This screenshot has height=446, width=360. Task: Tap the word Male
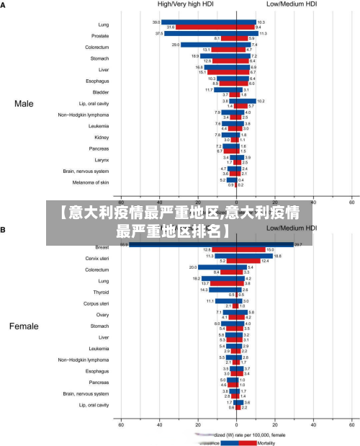[24, 104]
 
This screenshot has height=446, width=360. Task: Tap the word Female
[24, 326]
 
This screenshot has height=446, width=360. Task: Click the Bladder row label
[102, 92]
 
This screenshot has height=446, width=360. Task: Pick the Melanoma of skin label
[91, 182]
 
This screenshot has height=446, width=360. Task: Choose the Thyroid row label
[101, 293]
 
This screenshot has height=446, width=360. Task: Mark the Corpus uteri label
[96, 303]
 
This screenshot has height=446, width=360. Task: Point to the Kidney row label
[102, 137]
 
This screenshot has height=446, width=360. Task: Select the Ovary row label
[102, 315]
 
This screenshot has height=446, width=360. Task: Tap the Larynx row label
[102, 159]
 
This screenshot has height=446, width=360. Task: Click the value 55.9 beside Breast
[124, 244]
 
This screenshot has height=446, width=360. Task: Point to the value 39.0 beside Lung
[156, 22]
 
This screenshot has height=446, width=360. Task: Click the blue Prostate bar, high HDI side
[202, 33]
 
